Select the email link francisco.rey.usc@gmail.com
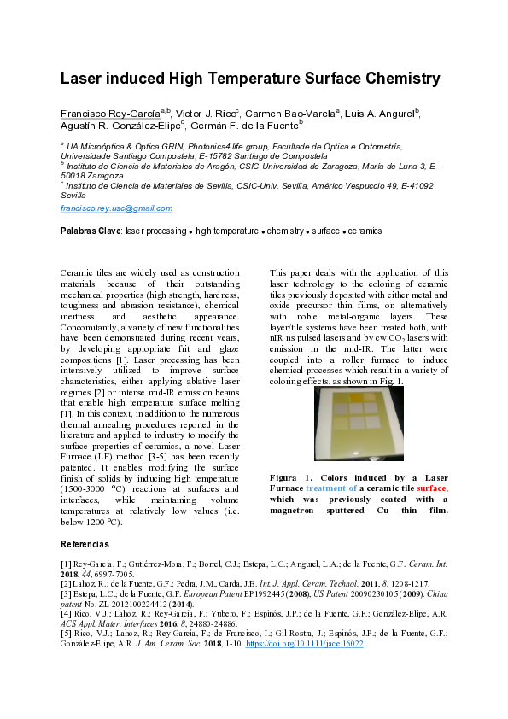coord(116,208)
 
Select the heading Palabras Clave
coord(91,231)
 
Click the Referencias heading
coord(85,544)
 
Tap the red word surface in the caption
coord(432,488)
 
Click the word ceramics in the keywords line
coord(364,231)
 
